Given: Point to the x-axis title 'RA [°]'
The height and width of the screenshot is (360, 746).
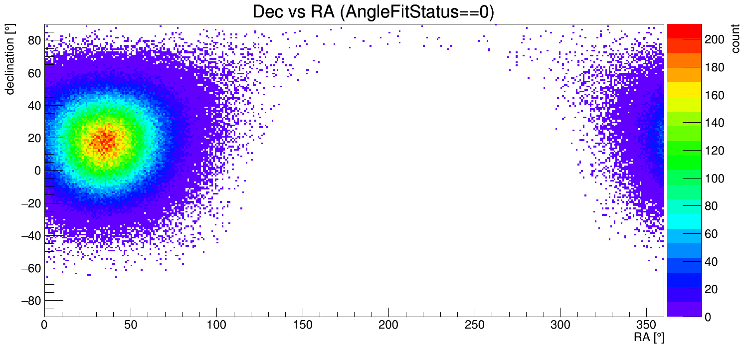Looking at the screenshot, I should coord(649,338).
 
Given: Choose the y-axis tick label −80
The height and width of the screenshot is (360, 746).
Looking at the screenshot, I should coord(30,301).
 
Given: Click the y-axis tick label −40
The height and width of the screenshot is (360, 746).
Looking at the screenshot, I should coord(30,236).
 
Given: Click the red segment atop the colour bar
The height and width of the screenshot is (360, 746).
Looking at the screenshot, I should coord(684,31).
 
